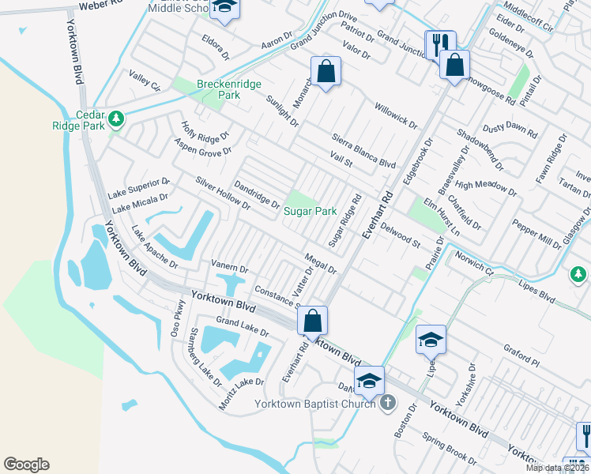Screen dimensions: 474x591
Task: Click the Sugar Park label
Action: click(311, 212)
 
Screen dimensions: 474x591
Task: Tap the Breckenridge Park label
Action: click(217, 88)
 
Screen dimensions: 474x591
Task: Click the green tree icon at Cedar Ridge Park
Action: click(117, 119)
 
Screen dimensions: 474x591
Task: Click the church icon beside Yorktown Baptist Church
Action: click(387, 403)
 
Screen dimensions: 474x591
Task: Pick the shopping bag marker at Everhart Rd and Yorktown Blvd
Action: click(312, 321)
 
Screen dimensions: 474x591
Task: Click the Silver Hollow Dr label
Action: click(223, 194)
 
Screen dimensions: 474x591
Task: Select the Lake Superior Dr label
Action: click(138, 188)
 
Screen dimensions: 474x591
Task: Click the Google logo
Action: click(26, 465)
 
